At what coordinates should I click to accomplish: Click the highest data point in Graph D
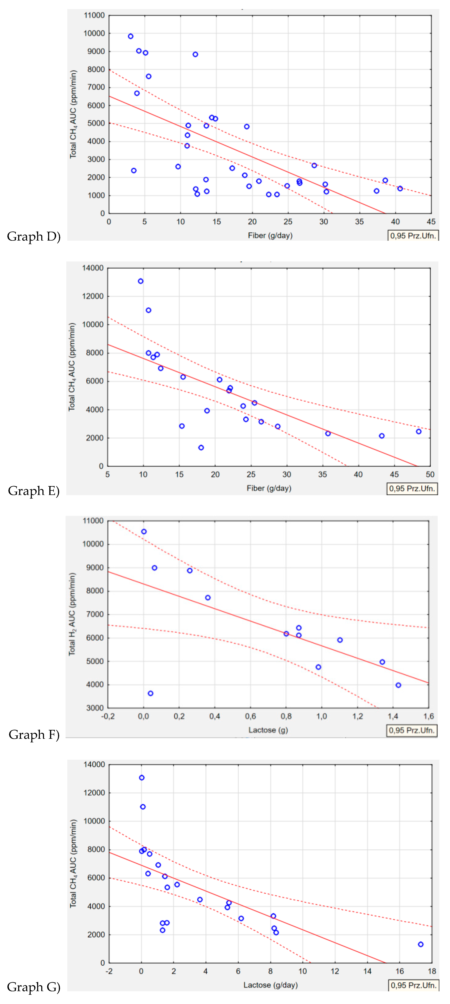131,36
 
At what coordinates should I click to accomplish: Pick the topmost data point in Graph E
141,281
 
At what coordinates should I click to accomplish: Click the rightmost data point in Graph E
419,431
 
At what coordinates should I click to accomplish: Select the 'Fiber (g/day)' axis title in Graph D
270,235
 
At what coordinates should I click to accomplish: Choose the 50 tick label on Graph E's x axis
430,474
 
